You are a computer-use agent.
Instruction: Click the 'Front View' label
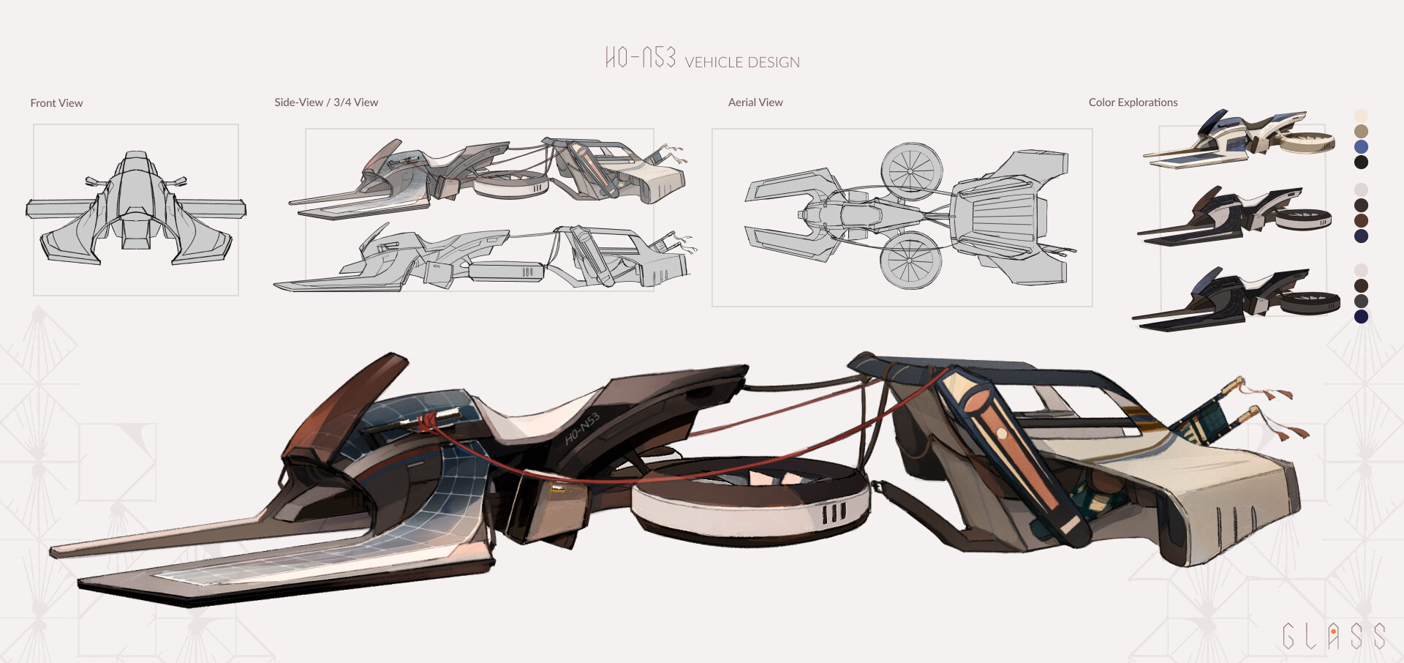[56, 103]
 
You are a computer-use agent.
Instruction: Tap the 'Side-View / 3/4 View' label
[326, 102]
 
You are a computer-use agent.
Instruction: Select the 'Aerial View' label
[755, 102]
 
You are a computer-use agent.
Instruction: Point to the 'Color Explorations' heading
[1133, 102]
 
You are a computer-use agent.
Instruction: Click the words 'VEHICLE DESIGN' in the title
[742, 63]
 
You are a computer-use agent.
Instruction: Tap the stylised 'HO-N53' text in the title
[641, 57]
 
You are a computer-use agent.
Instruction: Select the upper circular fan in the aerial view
[911, 171]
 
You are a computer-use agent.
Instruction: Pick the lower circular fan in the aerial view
[910, 260]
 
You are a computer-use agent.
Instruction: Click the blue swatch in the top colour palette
[1361, 147]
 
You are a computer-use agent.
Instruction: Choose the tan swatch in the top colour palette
[1361, 131]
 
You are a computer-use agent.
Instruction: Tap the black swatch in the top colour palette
[1361, 162]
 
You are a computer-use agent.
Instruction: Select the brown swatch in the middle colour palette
[1361, 221]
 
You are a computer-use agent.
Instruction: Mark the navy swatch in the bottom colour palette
[1361, 317]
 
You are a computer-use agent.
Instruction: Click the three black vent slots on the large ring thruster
[834, 512]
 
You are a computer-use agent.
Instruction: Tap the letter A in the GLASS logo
[1333, 636]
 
